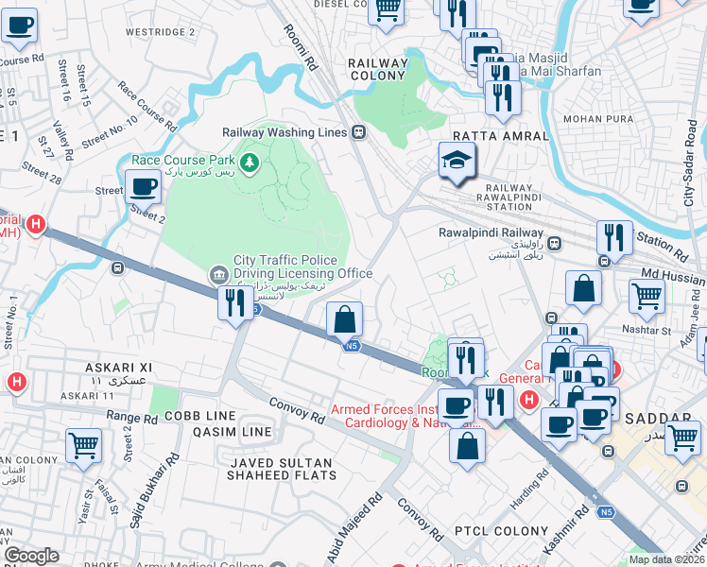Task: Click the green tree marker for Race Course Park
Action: click(x=250, y=163)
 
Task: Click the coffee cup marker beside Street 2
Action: click(x=143, y=186)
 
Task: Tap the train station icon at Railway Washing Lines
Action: click(x=358, y=132)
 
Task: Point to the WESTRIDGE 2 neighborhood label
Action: click(x=161, y=31)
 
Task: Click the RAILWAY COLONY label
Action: click(x=378, y=69)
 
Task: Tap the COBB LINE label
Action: click(x=200, y=416)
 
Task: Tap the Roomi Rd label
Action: click(x=301, y=48)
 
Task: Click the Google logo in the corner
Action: click(x=31, y=556)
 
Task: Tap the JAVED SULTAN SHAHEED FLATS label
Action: click(x=279, y=469)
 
